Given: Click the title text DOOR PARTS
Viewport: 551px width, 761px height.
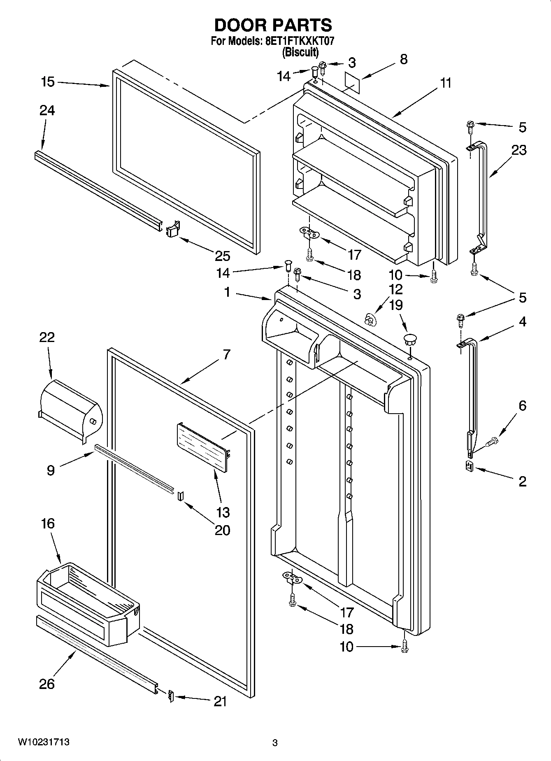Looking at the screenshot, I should tap(273, 26).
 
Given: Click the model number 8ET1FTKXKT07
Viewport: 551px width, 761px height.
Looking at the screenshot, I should tap(295, 42).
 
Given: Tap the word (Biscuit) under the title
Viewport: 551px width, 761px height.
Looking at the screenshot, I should tap(300, 52).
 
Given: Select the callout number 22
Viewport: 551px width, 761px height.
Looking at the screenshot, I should tap(47, 337).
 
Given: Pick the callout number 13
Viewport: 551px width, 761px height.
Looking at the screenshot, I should tap(223, 512).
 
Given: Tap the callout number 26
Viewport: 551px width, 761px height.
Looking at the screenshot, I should tap(46, 684).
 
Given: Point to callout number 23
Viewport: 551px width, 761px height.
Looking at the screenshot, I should tap(518, 150).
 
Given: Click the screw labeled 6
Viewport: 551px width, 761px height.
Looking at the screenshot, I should tap(492, 442).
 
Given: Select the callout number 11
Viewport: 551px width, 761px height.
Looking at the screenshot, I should tap(445, 83).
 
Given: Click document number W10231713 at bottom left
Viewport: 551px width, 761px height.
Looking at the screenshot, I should tap(43, 742).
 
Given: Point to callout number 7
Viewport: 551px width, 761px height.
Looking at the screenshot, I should tap(227, 354).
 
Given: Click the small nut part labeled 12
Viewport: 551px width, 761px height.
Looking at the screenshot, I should tap(370, 319).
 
